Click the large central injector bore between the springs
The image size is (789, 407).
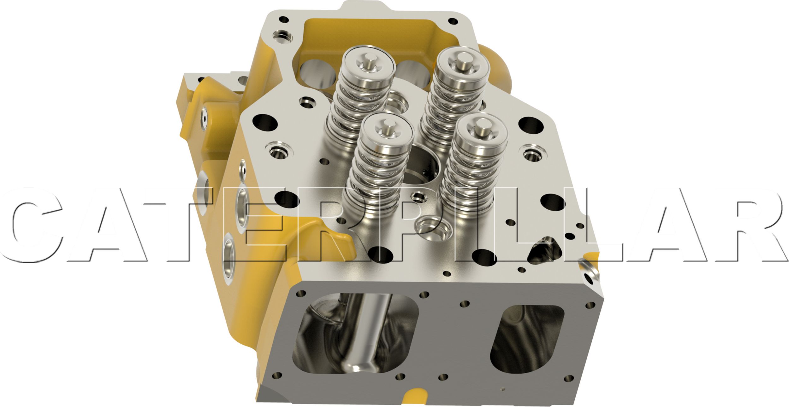423,169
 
